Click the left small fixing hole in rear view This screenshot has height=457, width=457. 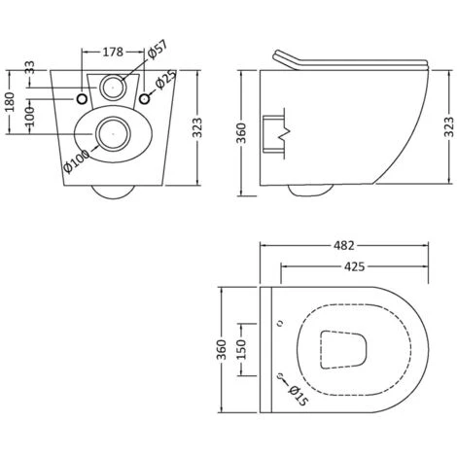coord(83,99)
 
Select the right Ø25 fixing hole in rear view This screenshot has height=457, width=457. coord(145,99)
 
